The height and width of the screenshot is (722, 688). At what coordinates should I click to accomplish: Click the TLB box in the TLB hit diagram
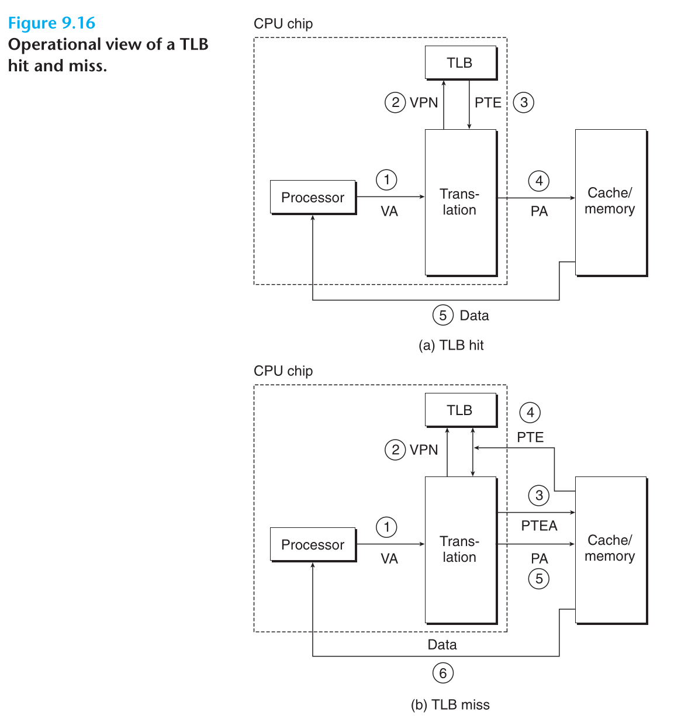461,63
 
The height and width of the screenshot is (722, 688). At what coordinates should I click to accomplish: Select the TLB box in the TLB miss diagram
461,410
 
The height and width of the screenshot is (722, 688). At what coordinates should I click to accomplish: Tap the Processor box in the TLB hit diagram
313,197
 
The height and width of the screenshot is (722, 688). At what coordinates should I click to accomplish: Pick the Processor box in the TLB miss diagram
313,544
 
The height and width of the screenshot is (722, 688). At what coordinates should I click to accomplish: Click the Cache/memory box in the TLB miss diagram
610,550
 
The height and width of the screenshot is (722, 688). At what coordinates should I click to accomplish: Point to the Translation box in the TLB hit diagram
460,202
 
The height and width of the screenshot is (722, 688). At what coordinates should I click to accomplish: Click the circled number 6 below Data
442,673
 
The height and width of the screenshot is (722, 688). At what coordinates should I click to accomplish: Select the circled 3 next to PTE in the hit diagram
524,102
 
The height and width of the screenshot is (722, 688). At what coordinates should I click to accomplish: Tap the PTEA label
539,526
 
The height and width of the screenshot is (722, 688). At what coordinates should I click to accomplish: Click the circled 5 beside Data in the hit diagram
442,315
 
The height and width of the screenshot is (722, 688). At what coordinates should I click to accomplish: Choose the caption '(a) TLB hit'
451,346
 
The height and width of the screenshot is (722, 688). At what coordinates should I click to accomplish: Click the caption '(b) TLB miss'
450,704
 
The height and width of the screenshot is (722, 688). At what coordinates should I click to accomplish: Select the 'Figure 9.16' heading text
51,23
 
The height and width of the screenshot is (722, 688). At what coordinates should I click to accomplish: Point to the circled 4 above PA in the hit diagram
539,181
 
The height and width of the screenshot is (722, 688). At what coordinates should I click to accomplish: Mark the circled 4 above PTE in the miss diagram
530,413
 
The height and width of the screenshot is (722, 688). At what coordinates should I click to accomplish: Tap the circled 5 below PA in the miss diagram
539,579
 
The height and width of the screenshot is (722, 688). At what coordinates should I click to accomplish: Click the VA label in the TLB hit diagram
389,211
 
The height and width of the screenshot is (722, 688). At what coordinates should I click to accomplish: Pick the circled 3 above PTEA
539,496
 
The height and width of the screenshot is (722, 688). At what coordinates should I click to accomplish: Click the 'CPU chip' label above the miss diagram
283,371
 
